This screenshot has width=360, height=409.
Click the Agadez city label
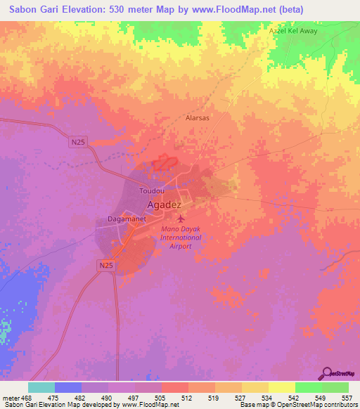165,204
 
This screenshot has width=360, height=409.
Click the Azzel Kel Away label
293,32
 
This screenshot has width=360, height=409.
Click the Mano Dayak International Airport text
181,238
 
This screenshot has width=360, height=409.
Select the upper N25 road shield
79,143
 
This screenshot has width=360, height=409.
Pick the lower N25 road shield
105,265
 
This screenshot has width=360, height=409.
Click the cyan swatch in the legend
41,387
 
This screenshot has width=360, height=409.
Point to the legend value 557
347,397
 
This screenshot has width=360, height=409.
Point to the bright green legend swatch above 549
308,387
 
